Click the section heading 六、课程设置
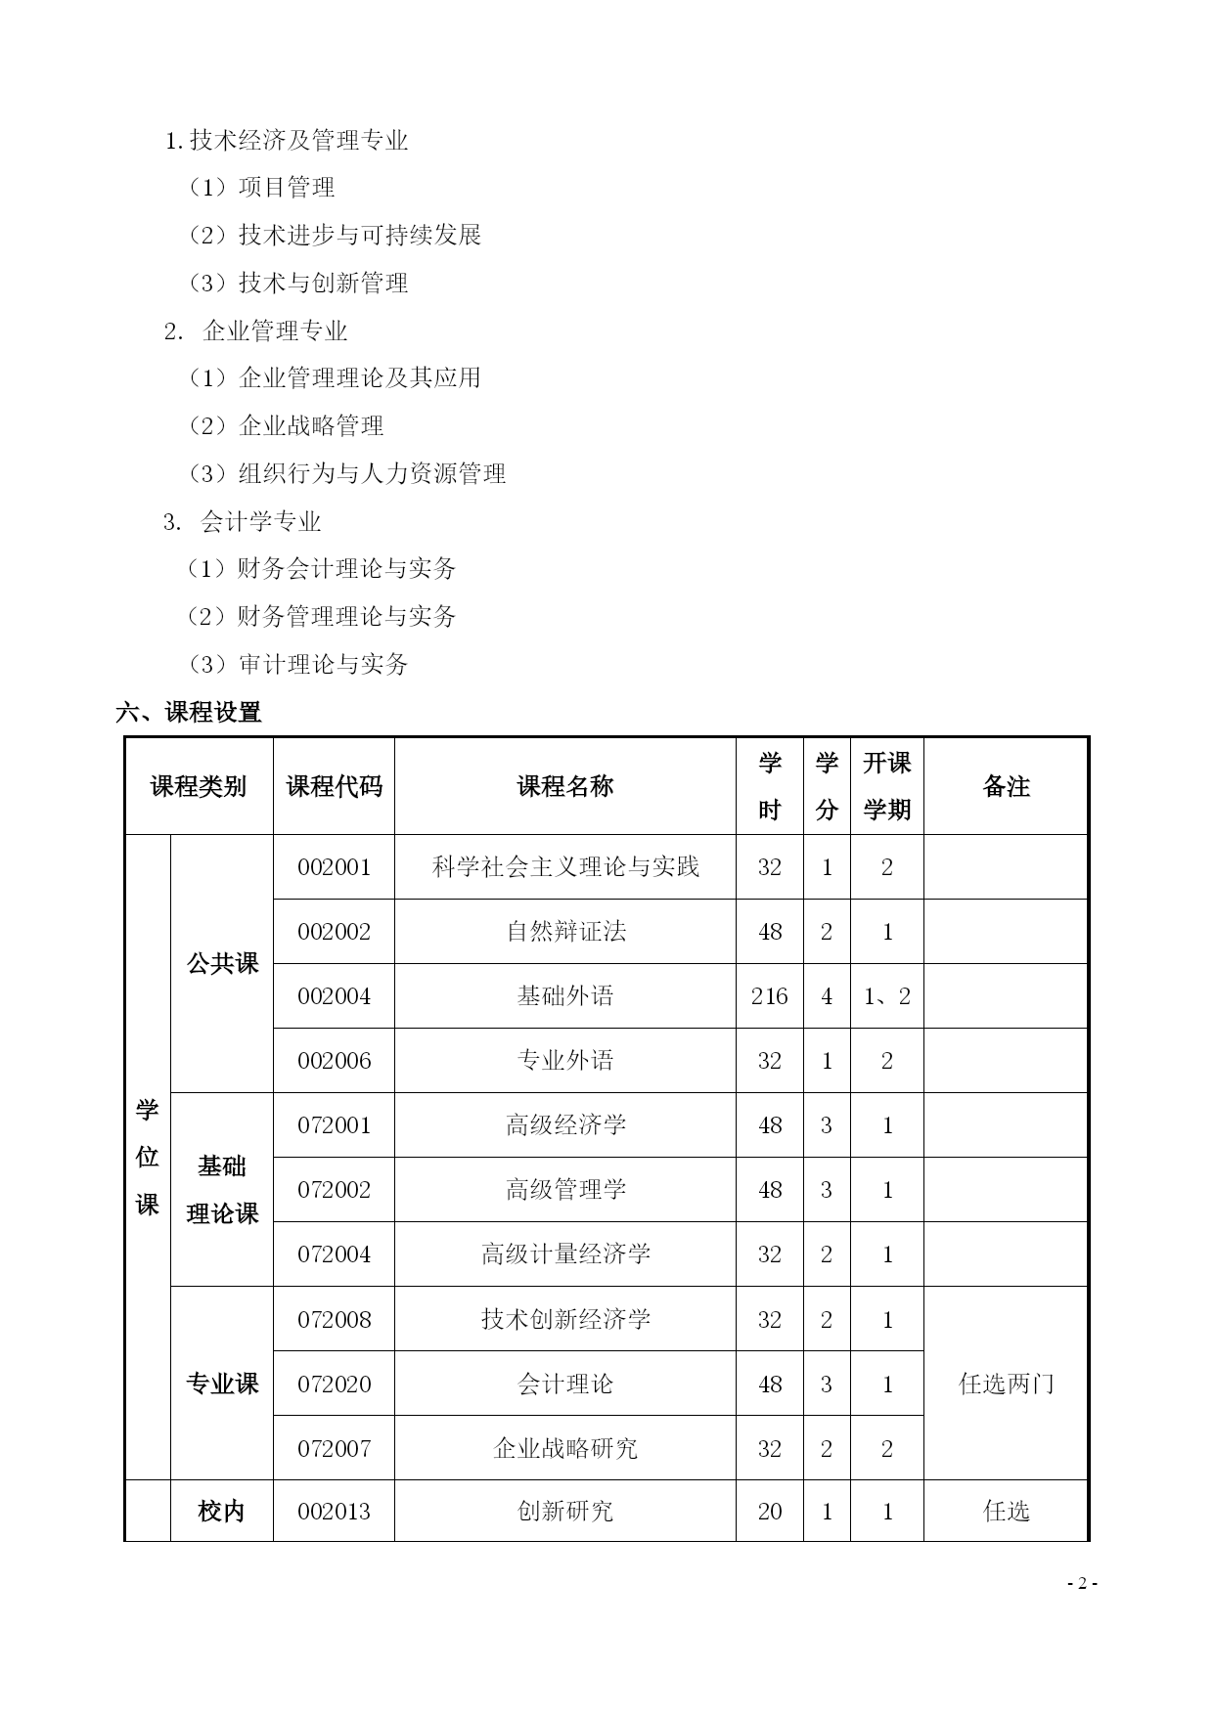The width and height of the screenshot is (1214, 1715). click(188, 713)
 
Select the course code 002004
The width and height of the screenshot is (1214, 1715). click(334, 996)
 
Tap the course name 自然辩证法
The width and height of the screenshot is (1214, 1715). click(565, 932)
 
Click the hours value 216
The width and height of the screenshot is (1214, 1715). click(770, 996)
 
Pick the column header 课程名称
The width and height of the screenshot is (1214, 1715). click(565, 786)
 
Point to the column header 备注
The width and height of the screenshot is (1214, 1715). click(1006, 786)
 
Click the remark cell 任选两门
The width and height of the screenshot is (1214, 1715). click(1006, 1384)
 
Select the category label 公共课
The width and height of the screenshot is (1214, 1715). click(222, 964)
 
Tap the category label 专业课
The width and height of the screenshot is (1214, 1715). click(222, 1384)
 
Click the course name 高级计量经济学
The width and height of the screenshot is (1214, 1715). click(565, 1254)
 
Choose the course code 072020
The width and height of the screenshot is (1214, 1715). click(334, 1384)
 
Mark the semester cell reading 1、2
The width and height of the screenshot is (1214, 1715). click(887, 996)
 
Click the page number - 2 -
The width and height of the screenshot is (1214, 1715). click(1082, 1584)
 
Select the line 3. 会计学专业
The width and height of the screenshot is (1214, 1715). click(243, 522)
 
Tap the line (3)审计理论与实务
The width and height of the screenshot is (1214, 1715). click(297, 665)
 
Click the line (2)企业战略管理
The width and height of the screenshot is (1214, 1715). click(286, 426)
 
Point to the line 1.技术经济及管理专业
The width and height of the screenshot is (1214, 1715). click(286, 141)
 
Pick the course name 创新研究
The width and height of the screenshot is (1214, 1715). click(565, 1512)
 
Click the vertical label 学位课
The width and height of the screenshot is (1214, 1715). click(147, 1157)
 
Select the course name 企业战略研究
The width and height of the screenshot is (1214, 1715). click(565, 1448)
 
